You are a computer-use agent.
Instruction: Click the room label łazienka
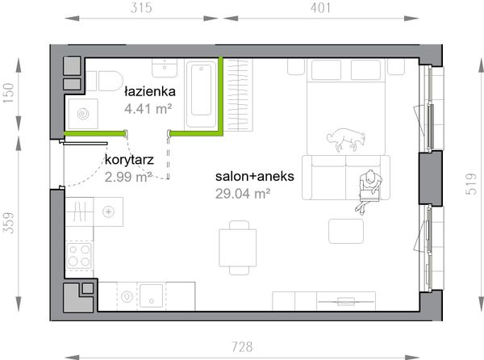click(150, 91)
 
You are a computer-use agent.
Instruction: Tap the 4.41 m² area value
click(148, 109)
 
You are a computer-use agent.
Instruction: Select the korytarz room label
click(129, 160)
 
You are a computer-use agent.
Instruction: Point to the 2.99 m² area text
click(128, 177)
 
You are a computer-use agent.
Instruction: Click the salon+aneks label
click(255, 176)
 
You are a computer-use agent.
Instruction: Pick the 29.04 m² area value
click(243, 194)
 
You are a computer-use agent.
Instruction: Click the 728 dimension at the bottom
click(242, 347)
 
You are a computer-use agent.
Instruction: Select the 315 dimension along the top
click(141, 8)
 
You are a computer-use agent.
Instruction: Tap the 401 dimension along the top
click(321, 8)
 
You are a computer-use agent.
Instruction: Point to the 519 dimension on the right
click(471, 184)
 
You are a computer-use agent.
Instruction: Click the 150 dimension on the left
click(9, 94)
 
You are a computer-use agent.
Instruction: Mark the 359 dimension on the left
click(9, 223)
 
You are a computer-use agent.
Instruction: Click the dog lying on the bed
click(346, 140)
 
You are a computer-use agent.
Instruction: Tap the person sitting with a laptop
click(369, 190)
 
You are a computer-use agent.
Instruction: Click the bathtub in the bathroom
click(201, 94)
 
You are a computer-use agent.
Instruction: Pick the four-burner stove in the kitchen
click(79, 256)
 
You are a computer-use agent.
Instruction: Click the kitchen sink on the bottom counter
click(152, 295)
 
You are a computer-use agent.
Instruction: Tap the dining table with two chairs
click(238, 248)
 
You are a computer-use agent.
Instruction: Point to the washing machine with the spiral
click(83, 114)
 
